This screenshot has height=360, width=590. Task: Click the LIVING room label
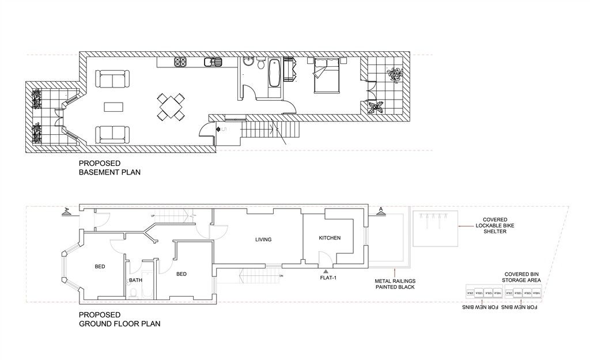pyautogui.click(x=263, y=239)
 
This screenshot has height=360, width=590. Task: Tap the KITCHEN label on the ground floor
pyautogui.click(x=330, y=238)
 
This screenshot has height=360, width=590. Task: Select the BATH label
pyautogui.click(x=135, y=281)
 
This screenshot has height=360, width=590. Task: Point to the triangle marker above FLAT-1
pyautogui.click(x=326, y=270)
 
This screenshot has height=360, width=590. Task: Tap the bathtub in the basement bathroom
pyautogui.click(x=275, y=74)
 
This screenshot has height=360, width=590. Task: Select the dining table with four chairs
pyautogui.click(x=171, y=107)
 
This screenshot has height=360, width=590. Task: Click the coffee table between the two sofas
pyautogui.click(x=113, y=107)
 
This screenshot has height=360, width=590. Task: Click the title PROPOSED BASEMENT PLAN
pyautogui.click(x=109, y=168)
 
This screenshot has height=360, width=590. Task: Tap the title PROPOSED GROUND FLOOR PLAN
pyautogui.click(x=119, y=319)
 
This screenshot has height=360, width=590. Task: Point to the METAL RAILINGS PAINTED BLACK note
pyautogui.click(x=395, y=283)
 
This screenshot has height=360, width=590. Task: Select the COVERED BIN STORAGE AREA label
pyautogui.click(x=522, y=277)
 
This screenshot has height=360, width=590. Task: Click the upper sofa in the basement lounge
pyautogui.click(x=112, y=79)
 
